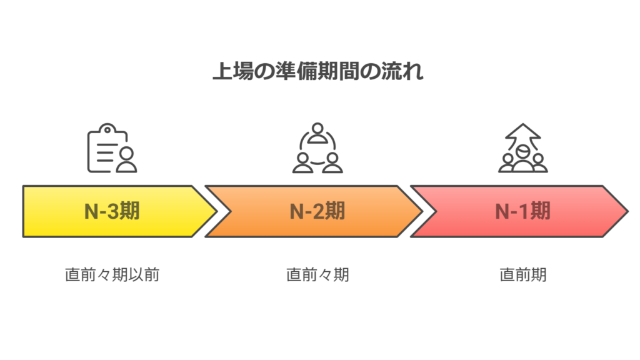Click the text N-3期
[112, 211]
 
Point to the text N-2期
[317, 211]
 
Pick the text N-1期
[522, 211]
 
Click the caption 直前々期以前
[112, 274]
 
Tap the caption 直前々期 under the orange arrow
[317, 274]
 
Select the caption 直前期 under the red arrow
[522, 274]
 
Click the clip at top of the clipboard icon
[107, 129]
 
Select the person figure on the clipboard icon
[126, 160]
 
